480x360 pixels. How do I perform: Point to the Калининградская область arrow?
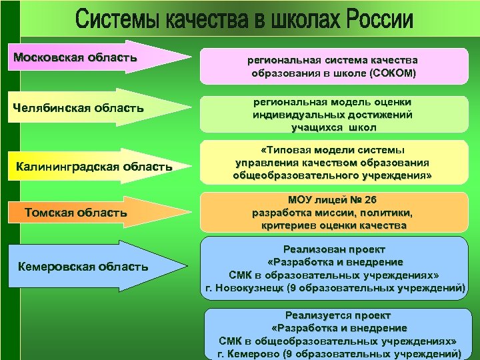coord(93,165)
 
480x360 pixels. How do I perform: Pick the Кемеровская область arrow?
coord(93,267)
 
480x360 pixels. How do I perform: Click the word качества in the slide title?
coord(219,19)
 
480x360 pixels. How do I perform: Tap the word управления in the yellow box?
coord(267,163)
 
